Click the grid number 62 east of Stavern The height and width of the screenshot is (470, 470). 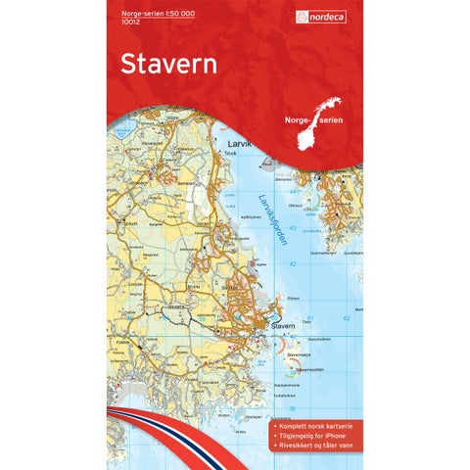click(348, 318)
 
